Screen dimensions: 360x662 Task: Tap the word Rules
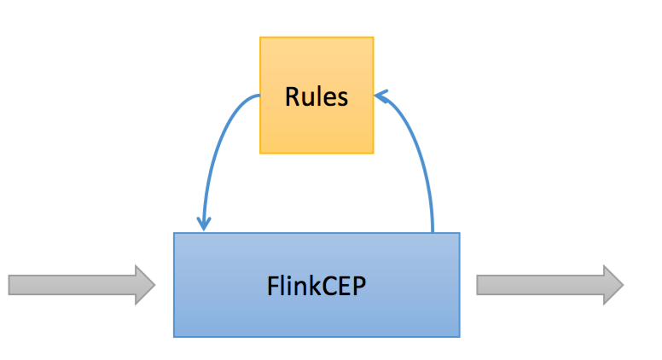(316, 96)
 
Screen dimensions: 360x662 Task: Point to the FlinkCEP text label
(316, 285)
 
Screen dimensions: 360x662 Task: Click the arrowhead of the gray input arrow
(145, 284)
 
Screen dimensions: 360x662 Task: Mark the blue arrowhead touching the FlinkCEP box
(203, 224)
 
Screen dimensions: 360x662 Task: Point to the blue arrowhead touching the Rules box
(380, 95)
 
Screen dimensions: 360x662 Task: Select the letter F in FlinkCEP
(270, 285)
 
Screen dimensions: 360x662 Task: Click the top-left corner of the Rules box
(260, 38)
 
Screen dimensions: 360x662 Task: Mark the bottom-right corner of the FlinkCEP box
(459, 336)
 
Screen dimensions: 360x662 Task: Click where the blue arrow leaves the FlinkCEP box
(433, 231)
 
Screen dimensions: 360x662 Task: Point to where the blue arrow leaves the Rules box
(259, 96)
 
